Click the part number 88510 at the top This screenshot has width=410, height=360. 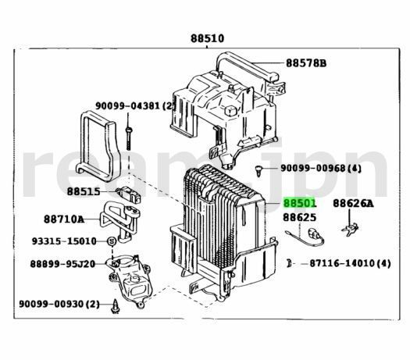point(208,39)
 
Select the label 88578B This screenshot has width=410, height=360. point(306,63)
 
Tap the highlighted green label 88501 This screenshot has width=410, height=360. point(300,203)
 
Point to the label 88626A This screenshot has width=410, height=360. point(353,203)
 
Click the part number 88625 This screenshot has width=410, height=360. point(299,218)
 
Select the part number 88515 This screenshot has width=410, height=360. point(84,191)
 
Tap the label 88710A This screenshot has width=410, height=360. point(64,219)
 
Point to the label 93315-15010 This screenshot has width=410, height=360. point(64,241)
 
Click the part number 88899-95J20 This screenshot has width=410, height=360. point(62,264)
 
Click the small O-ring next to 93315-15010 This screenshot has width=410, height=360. point(112,241)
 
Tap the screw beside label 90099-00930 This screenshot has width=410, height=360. point(115,306)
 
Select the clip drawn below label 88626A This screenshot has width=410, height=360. point(350,229)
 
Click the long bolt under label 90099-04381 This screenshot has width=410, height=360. point(128,138)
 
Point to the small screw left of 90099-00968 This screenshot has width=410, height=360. point(258,170)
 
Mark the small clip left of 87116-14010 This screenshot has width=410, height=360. point(289,263)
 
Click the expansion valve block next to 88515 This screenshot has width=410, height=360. point(129,194)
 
